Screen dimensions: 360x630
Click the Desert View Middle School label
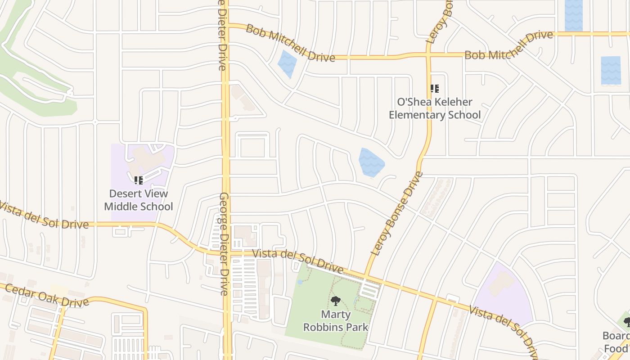139,200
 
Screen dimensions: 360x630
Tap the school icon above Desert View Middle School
139,180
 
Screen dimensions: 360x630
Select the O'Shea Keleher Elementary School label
435,108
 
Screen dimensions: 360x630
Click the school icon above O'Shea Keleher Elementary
434,89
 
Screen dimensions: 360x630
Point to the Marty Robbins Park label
336,320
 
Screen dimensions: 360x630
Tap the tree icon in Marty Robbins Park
335,301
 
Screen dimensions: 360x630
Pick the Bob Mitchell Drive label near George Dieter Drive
291,43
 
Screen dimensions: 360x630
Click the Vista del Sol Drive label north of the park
298,261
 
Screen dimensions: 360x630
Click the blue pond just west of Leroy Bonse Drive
371,162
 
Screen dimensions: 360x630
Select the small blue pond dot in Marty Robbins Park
300,282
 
